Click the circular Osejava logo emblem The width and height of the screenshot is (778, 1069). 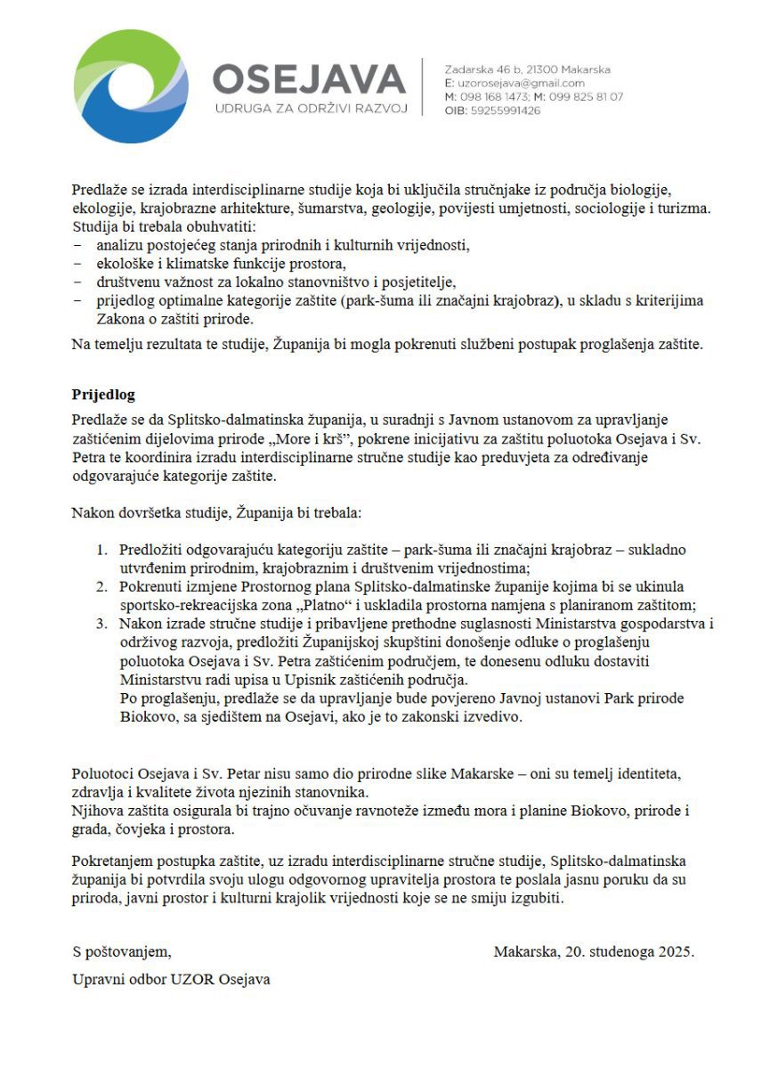coord(131,86)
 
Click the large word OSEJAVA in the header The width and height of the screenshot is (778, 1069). coord(309,80)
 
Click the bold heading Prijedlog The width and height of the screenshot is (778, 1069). coord(103,394)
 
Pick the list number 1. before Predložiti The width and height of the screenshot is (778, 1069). coord(102,550)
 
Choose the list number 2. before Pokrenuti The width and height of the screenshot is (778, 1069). coord(102,586)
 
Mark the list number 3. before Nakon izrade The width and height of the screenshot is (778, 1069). coord(102,623)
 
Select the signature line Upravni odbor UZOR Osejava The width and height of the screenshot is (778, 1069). coord(171,979)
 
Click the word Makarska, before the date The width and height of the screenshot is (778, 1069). coord(526,951)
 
